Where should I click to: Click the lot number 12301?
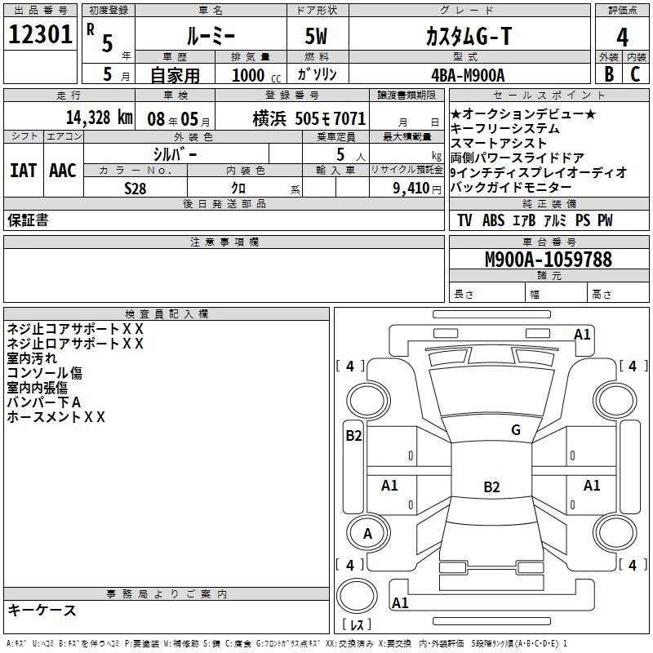click(x=40, y=34)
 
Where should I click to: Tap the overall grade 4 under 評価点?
click(x=622, y=38)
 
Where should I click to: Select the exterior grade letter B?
click(x=609, y=74)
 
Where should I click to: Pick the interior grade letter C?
click(x=635, y=74)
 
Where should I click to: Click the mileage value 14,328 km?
click(x=100, y=118)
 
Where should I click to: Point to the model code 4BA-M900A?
click(x=468, y=75)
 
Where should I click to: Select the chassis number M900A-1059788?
click(x=549, y=259)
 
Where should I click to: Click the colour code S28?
click(x=135, y=189)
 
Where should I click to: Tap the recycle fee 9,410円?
click(x=417, y=189)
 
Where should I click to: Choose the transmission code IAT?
click(x=24, y=171)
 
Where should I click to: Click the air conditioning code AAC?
click(x=63, y=171)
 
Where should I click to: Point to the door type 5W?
click(x=316, y=36)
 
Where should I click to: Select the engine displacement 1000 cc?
click(x=256, y=75)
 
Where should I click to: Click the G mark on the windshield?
click(x=516, y=429)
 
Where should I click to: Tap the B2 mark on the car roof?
click(x=491, y=486)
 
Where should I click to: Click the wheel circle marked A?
click(x=368, y=533)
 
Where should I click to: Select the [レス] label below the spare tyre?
click(x=357, y=624)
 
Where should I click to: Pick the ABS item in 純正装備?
click(x=494, y=220)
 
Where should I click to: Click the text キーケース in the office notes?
click(x=42, y=610)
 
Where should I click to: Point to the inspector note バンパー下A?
click(x=44, y=402)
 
